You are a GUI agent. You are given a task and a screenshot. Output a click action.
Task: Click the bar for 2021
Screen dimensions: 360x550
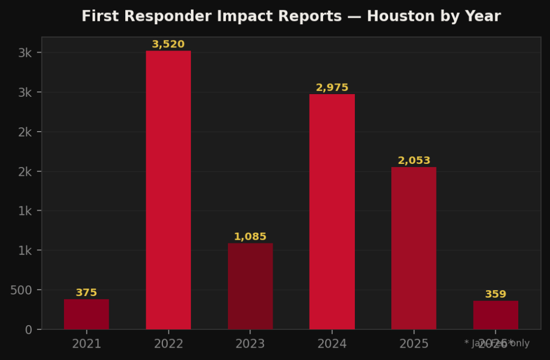tap(86, 314)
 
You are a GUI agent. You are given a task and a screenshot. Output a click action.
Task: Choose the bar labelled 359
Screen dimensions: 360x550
tap(495, 315)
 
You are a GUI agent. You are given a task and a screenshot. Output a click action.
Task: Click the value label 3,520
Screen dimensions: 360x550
tap(168, 45)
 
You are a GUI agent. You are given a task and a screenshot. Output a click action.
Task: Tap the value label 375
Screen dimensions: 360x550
tap(86, 293)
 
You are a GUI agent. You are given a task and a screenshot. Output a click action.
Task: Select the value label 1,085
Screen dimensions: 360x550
tap(250, 237)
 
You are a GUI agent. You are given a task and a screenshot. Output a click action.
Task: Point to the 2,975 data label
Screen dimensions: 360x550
tap(332, 88)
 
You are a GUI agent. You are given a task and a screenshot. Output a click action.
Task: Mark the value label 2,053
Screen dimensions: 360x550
tap(413, 161)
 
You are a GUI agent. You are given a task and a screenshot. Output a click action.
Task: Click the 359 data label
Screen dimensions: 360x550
tap(495, 294)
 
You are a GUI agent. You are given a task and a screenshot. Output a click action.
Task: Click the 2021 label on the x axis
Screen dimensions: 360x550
tap(86, 344)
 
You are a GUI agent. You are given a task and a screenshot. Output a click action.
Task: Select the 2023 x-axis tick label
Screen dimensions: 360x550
tap(250, 344)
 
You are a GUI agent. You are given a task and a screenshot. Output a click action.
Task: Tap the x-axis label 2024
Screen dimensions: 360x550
tap(332, 344)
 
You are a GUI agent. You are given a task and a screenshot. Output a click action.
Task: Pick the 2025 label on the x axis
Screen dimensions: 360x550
tap(413, 344)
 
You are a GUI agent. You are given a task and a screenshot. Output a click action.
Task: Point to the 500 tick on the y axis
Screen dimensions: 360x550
tap(22, 290)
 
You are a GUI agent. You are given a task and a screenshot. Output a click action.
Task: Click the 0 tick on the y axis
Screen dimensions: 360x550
tap(29, 329)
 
